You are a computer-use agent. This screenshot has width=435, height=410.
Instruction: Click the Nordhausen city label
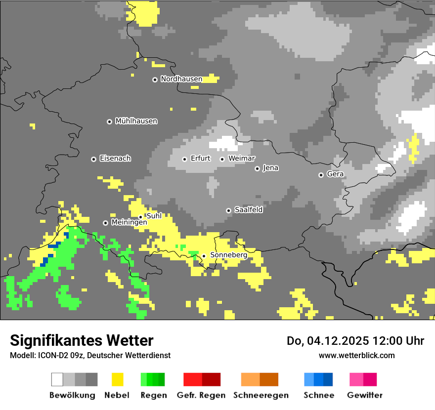pyautogui.click(x=181, y=79)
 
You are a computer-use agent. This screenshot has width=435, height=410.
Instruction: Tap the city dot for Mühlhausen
pyautogui.click(x=109, y=122)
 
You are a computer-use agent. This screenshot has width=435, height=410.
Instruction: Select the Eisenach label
pyautogui.click(x=115, y=159)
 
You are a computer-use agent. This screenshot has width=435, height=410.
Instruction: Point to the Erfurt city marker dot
pyautogui.click(x=184, y=159)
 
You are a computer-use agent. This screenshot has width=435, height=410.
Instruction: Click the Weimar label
pyautogui.click(x=241, y=159)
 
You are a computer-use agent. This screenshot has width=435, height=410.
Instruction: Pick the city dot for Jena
pyautogui.click(x=257, y=168)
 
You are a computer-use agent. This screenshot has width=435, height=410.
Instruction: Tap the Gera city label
pyautogui.click(x=335, y=174)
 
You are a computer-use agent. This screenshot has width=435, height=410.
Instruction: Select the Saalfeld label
pyautogui.click(x=248, y=210)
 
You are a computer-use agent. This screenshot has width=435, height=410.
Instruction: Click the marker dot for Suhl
pyautogui.click(x=140, y=216)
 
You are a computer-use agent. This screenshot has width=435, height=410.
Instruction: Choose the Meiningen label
pyautogui.click(x=129, y=223)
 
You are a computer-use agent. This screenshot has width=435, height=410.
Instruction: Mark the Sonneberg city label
pyautogui.click(x=228, y=255)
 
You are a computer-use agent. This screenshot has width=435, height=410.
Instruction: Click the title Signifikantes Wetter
pyautogui.click(x=82, y=340)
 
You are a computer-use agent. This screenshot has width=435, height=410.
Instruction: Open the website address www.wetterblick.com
pyautogui.click(x=356, y=355)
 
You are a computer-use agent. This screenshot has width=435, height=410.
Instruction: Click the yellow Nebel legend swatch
pyautogui.click(x=117, y=379)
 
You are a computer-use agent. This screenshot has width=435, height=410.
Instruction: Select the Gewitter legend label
pyautogui.click(x=364, y=395)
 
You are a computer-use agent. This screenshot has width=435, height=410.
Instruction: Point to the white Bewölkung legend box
pyautogui.click(x=57, y=379)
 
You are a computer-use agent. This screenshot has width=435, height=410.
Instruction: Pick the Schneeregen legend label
pyautogui.click(x=261, y=395)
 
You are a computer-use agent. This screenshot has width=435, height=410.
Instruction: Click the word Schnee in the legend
pyautogui.click(x=318, y=395)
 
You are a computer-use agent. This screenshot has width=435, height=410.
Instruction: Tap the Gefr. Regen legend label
pyautogui.click(x=201, y=395)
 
